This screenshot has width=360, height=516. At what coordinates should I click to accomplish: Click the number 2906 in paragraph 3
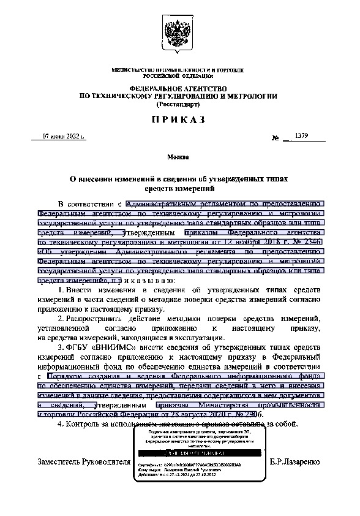[x=256, y=414]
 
